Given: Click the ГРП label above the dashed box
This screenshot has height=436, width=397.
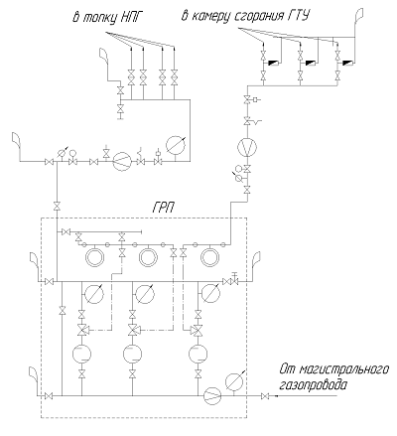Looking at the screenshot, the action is click(x=163, y=208).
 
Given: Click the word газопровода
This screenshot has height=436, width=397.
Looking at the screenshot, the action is click(x=314, y=385).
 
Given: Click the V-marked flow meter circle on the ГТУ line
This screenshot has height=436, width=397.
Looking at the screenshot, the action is click(x=247, y=147).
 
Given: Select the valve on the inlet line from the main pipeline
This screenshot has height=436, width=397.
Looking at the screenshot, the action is click(x=265, y=396).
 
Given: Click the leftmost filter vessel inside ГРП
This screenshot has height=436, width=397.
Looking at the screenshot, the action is click(x=81, y=354).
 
